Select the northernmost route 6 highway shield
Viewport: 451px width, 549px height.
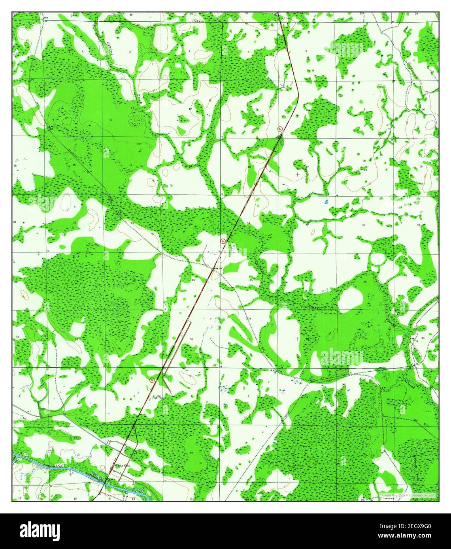[x=280, y=129]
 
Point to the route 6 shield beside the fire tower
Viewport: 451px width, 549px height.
[x=152, y=380]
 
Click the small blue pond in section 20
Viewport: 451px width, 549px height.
[x=326, y=202]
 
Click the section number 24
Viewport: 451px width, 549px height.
[x=191, y=224]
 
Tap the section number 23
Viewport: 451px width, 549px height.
[x=132, y=224]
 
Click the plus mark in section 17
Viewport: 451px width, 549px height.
[x=297, y=174]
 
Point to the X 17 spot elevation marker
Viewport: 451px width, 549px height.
[x=249, y=318]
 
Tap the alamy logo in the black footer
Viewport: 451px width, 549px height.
[x=40, y=530]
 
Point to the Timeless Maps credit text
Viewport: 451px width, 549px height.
[x=407, y=495]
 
